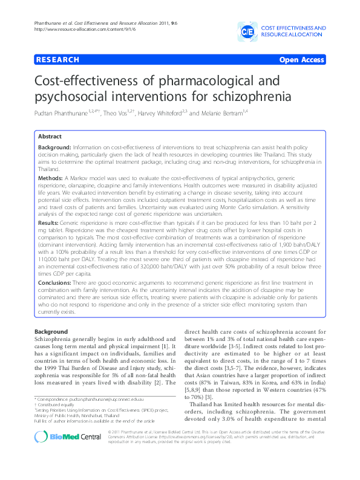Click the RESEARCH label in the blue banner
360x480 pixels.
pos(58,60)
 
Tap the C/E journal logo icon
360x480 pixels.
pos(247,30)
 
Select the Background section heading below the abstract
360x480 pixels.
pos(51,332)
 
